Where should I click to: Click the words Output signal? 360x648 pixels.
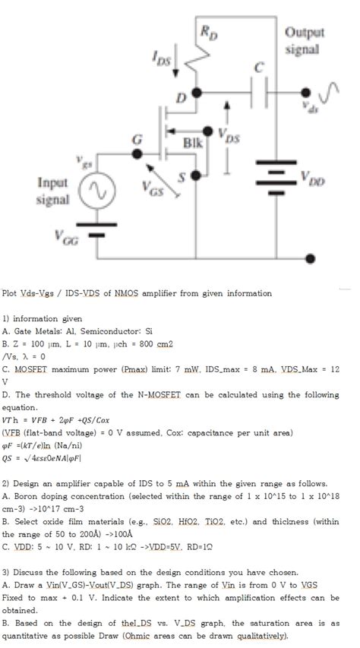(305, 40)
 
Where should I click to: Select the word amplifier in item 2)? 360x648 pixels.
(89, 484)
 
